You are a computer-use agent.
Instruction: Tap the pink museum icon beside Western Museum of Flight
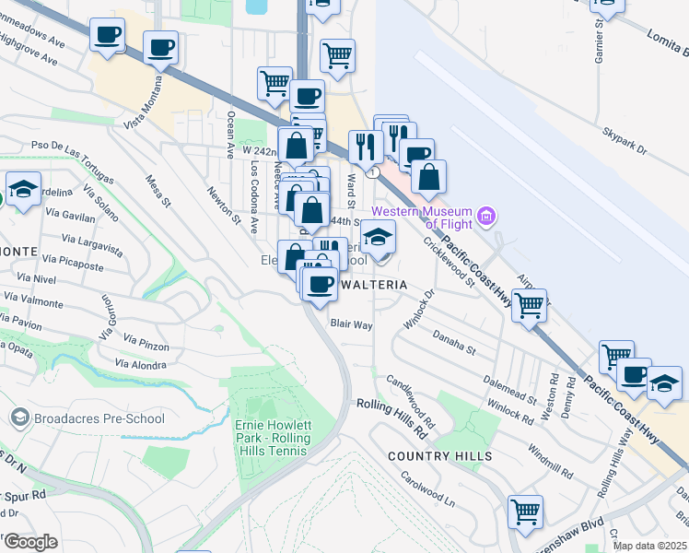[x=487, y=218]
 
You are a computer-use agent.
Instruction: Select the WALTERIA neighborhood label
[x=373, y=286]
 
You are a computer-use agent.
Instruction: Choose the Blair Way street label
[x=351, y=325]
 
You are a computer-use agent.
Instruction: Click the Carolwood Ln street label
[x=426, y=491]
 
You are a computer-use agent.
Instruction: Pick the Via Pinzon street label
[x=142, y=344]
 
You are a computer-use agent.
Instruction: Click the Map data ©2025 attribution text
[x=648, y=546]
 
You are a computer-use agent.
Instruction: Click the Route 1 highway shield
[x=373, y=172]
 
